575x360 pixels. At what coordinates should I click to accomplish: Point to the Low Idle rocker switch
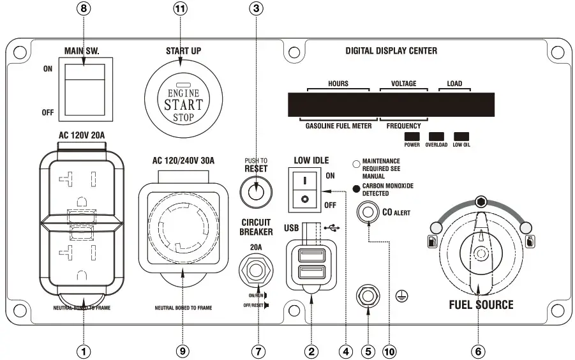point(304,190)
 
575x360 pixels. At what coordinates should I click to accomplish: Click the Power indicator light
point(412,136)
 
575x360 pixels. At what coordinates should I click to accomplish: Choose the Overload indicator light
point(437,136)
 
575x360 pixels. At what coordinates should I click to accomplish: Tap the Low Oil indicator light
point(461,136)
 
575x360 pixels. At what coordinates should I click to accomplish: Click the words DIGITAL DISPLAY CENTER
point(391,50)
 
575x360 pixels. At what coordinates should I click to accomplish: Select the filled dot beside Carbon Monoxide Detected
point(356,188)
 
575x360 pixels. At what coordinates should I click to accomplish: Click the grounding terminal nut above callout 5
point(367,295)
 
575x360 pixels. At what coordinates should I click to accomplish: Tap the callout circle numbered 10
point(389,350)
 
